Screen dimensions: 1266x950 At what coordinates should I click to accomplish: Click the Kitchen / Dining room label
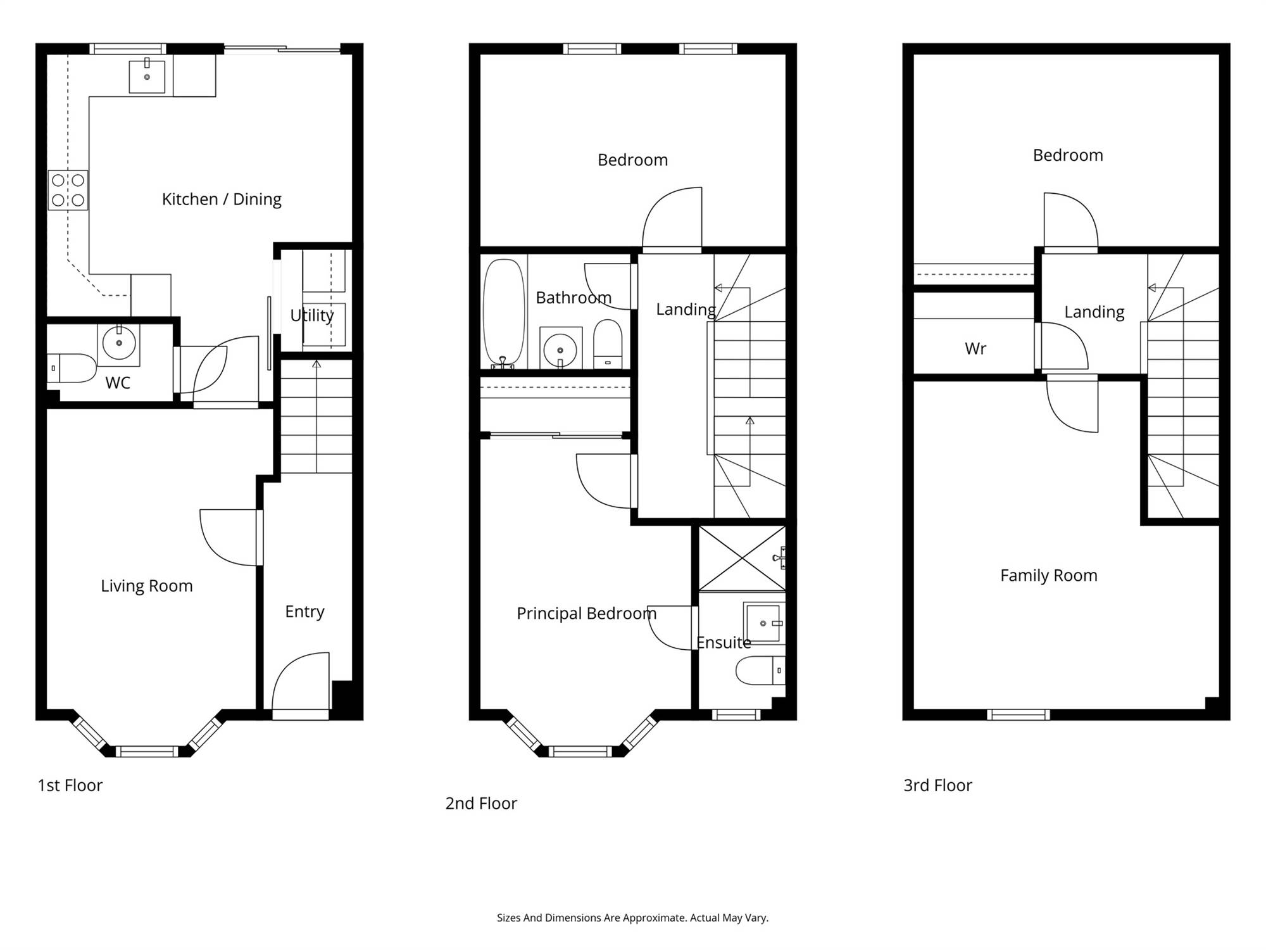[x=222, y=199]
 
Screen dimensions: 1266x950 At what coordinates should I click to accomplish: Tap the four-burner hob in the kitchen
[x=68, y=190]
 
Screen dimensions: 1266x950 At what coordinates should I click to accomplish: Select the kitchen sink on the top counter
[x=147, y=76]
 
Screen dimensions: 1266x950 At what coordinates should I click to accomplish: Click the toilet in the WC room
[x=72, y=368]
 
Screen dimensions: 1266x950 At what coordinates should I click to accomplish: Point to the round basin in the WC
[x=118, y=343]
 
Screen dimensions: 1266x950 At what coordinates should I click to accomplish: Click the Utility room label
[x=312, y=315]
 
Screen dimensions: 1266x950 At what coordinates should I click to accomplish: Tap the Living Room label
[x=147, y=586]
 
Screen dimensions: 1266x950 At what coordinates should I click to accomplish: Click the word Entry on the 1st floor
[x=304, y=612]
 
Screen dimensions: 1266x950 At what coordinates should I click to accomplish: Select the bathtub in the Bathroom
[x=504, y=313]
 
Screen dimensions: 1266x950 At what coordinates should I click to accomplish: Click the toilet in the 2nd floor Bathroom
[x=608, y=343]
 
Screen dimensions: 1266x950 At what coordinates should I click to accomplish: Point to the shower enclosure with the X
[x=742, y=558]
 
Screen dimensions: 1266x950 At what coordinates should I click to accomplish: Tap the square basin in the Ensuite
[x=764, y=623]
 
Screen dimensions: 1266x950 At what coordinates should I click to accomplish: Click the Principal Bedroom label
[x=587, y=614]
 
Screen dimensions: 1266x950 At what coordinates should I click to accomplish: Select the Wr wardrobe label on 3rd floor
[x=975, y=348]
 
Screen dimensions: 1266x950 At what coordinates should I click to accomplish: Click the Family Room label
[x=1049, y=576]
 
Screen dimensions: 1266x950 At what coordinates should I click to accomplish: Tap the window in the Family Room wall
[x=1018, y=715]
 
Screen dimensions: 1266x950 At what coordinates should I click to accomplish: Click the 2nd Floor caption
[x=481, y=804]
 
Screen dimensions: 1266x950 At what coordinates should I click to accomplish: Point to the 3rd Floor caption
[x=937, y=785]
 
